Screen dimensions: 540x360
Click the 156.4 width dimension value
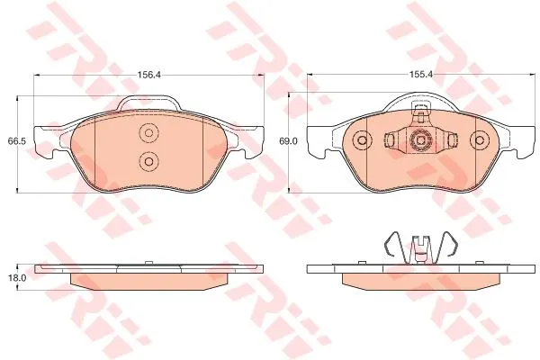pos(149,75)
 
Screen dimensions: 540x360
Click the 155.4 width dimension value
pos(420,75)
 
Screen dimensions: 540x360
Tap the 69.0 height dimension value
pos(286,141)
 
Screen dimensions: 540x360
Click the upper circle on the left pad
pos(148,132)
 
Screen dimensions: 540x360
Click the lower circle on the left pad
pos(148,161)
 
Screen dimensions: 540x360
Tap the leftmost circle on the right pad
pos(362,140)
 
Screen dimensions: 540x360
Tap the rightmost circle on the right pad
pos(480,140)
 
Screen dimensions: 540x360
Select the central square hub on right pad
pos(420,140)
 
